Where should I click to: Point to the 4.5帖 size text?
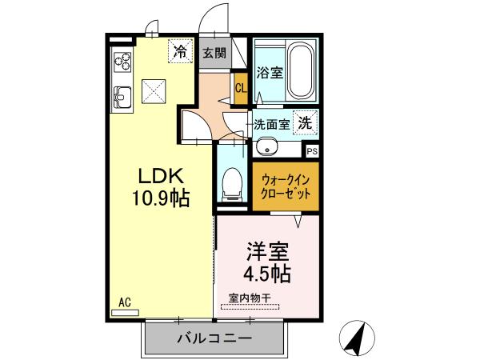point(266,273)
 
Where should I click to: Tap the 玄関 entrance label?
point(213,54)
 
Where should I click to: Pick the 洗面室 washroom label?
point(271,125)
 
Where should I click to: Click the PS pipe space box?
point(311,150)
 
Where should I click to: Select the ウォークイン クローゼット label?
point(285,186)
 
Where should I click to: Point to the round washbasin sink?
point(266,148)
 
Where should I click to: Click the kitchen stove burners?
point(122,62)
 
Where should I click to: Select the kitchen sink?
point(122,98)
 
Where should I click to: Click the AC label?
point(125,302)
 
